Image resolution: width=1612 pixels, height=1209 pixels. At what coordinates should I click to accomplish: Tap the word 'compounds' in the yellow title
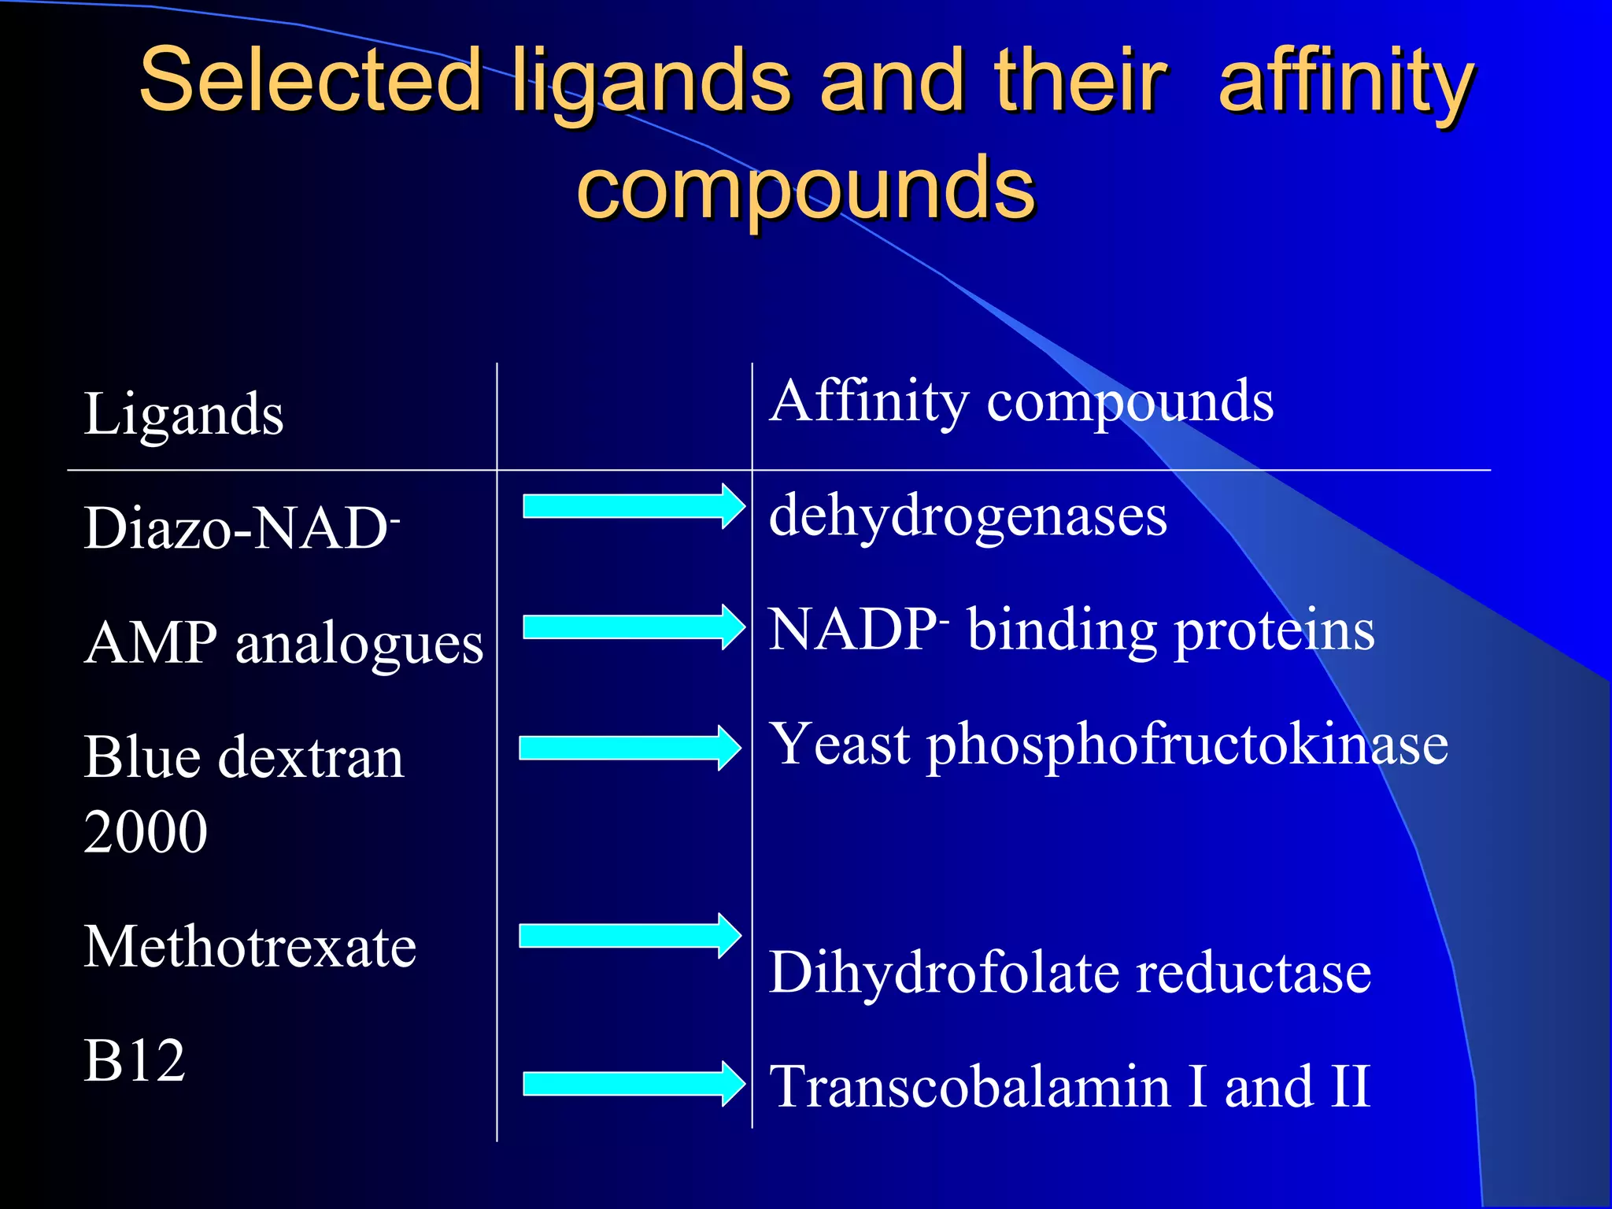805,187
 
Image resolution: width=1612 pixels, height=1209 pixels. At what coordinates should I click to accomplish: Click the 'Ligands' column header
183,414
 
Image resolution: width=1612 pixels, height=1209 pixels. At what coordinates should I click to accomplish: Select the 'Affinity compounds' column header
1021,401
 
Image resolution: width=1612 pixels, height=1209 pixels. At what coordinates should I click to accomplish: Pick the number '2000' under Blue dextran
146,832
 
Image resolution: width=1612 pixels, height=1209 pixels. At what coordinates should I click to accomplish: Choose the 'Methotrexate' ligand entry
250,946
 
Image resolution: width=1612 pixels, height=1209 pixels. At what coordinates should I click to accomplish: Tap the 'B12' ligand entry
135,1061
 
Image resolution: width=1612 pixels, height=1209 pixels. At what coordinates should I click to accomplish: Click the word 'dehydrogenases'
967,516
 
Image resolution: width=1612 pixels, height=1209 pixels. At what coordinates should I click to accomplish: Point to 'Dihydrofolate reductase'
1070,973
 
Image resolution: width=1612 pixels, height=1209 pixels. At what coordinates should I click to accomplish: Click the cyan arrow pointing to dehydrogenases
633,506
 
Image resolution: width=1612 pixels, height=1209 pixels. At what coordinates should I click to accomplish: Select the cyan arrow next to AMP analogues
633,627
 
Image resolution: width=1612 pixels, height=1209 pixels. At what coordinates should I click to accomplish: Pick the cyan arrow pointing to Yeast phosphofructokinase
630,748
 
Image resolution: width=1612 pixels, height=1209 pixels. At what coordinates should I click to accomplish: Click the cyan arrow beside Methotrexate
630,935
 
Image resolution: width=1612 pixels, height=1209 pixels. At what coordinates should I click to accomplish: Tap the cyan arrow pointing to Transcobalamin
633,1084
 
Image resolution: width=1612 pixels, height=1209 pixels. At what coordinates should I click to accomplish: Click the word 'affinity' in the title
1346,80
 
